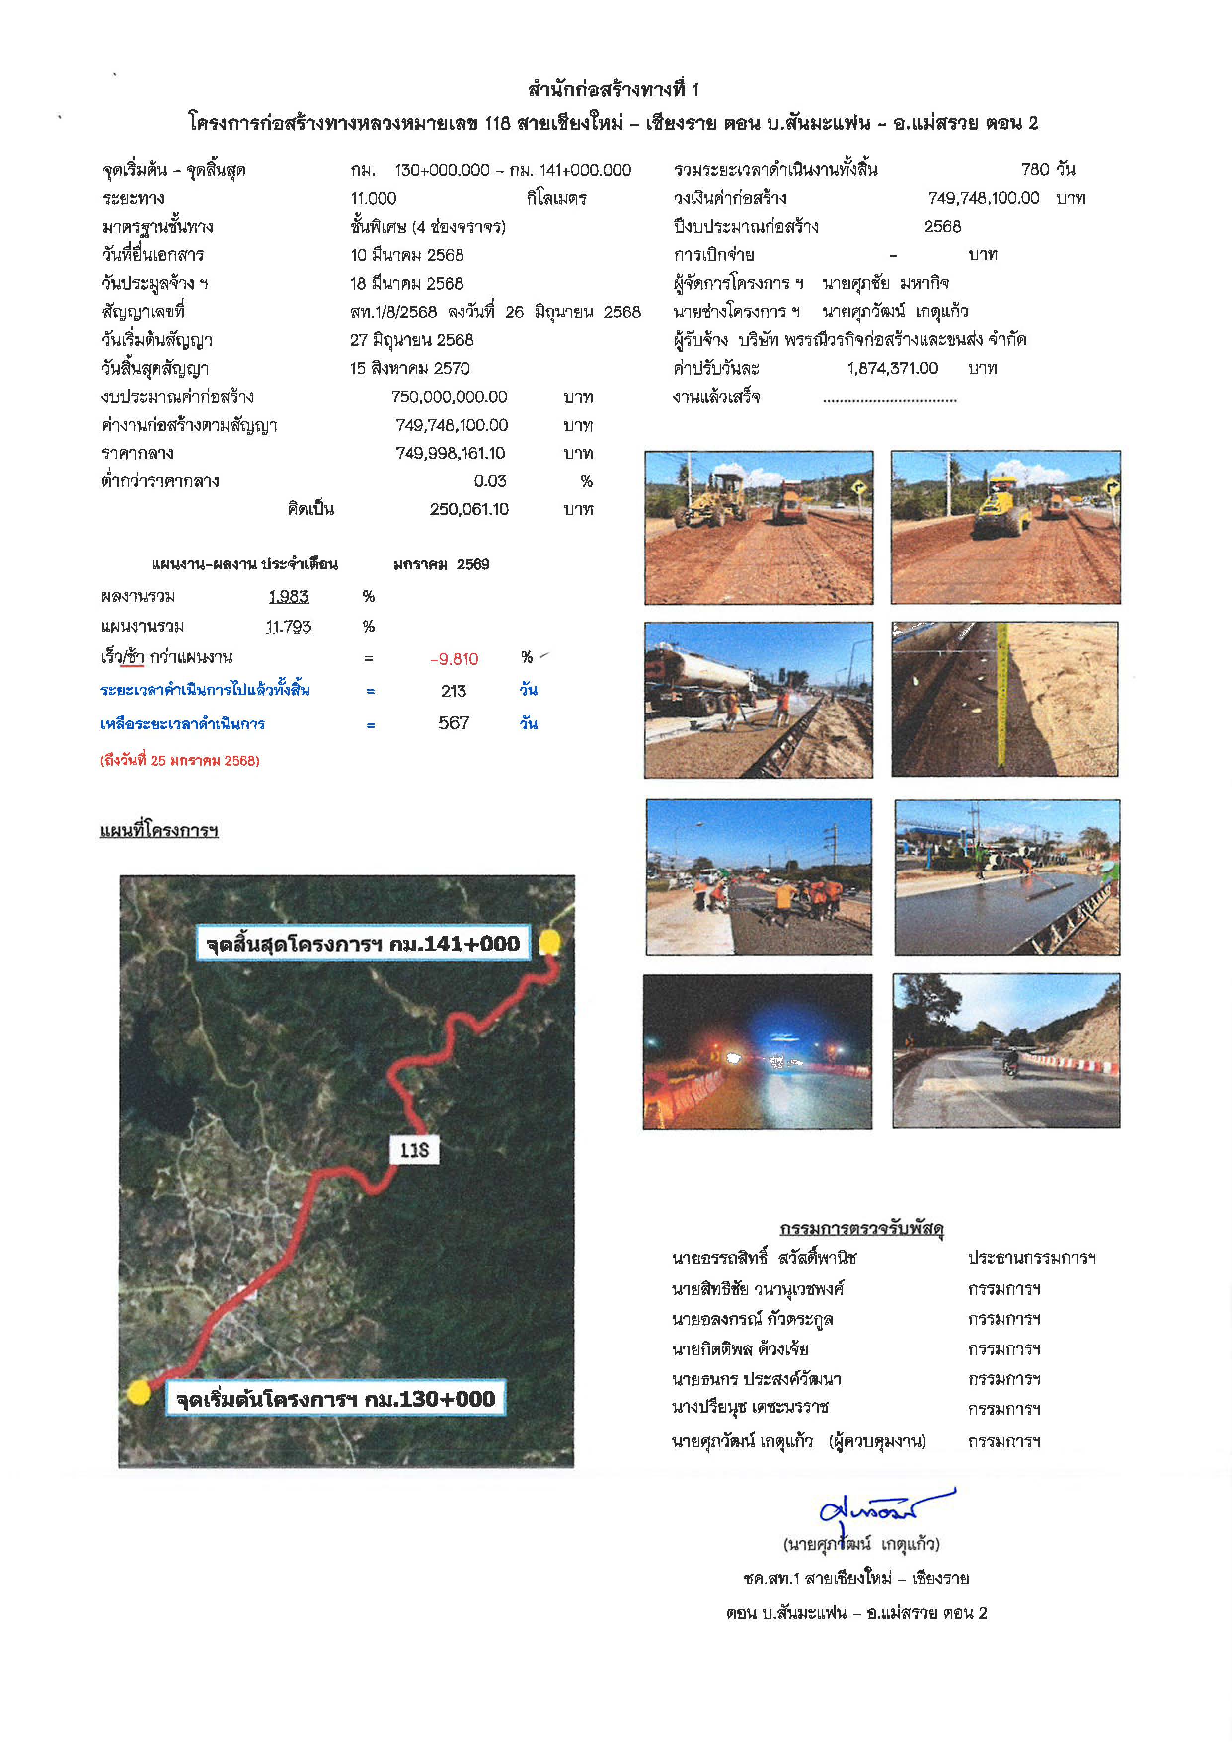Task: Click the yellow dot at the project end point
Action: coord(550,943)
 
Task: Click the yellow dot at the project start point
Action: coord(139,1392)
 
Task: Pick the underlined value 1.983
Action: coord(288,597)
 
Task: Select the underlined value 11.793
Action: coord(288,627)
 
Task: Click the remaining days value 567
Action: coord(454,723)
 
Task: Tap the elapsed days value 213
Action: coord(454,691)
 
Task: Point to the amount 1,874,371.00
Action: coord(892,369)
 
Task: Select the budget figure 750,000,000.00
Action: coord(449,397)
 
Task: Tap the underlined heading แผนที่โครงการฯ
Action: coord(159,830)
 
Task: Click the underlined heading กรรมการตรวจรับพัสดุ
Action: coord(861,1228)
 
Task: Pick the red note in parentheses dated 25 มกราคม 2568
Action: coord(180,760)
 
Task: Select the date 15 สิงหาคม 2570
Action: coord(410,369)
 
